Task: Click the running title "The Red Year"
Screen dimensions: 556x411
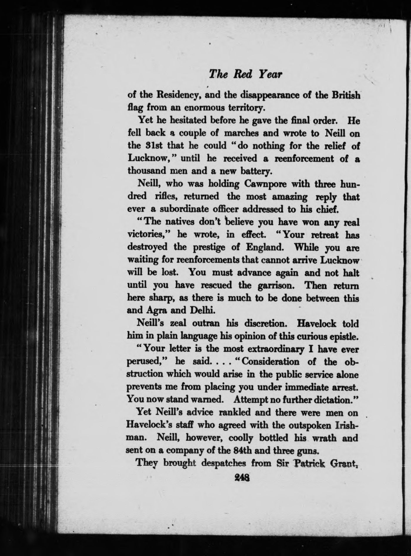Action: click(245, 74)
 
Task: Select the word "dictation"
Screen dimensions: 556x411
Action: click(336, 400)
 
